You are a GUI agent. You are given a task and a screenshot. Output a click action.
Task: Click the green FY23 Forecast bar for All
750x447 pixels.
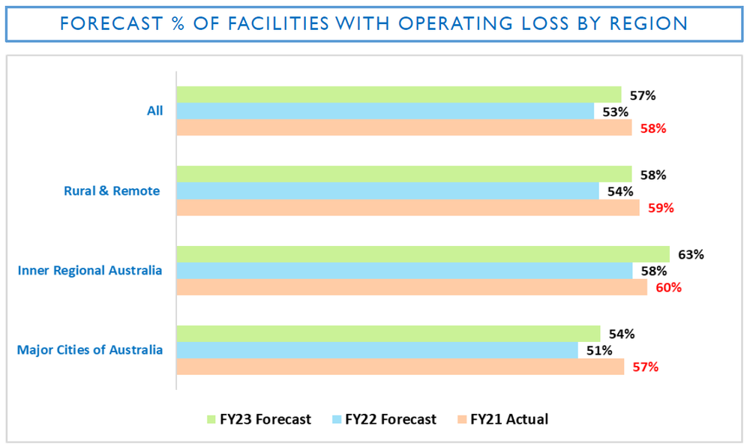[x=398, y=94]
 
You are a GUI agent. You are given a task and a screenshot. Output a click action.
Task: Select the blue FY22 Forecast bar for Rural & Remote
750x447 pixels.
[x=387, y=191]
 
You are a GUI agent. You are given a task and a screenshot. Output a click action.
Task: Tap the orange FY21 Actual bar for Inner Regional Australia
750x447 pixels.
[x=411, y=286]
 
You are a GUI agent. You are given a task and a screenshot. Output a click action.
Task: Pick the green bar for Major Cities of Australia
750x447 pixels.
[x=388, y=334]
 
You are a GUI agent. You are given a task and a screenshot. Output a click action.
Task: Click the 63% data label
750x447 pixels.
[x=691, y=254]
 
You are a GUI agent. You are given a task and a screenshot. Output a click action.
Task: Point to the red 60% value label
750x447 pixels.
[x=667, y=286]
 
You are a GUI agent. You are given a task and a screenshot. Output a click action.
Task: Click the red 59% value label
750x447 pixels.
[x=661, y=208]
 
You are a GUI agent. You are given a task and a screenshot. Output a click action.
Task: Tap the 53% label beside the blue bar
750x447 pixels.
[x=615, y=112]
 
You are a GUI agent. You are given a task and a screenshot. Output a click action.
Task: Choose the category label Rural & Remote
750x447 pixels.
[x=111, y=191]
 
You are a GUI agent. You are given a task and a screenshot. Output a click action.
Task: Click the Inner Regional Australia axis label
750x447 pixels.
[x=89, y=270]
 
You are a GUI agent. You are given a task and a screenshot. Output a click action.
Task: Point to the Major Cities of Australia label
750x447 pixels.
[x=89, y=350]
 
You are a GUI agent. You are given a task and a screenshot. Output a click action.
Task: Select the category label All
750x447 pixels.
[x=154, y=111]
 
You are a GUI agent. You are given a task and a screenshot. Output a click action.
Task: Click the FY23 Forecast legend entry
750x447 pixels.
[x=258, y=419]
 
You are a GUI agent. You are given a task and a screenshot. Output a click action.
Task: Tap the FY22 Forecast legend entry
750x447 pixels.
[x=383, y=419]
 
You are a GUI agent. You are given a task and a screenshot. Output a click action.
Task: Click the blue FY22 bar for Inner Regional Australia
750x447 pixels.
[x=403, y=270]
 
